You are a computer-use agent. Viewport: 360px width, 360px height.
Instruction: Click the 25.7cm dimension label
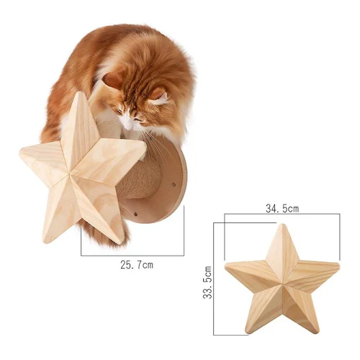137,265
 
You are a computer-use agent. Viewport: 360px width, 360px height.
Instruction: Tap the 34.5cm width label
282,208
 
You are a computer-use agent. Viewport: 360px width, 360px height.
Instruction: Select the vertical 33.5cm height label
207,282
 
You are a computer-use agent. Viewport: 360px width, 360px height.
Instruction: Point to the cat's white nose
129,127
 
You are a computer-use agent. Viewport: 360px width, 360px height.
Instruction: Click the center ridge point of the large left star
70,174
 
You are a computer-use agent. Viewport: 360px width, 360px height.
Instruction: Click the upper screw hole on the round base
174,184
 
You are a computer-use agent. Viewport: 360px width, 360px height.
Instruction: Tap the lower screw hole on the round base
136,213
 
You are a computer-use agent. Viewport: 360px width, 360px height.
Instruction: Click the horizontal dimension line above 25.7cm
132,256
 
